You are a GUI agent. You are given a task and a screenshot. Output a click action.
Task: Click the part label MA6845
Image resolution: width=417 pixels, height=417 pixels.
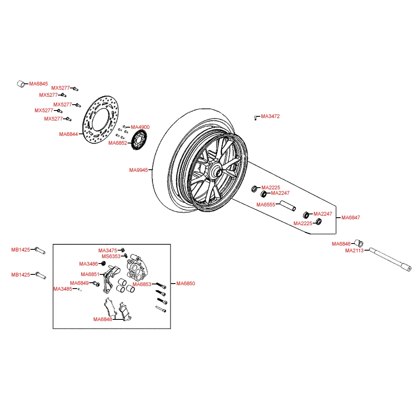[x=38, y=84]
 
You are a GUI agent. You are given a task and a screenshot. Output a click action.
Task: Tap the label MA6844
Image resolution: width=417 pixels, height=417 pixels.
[x=68, y=134]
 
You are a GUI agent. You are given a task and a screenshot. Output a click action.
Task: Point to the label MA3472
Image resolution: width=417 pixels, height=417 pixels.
[x=270, y=116]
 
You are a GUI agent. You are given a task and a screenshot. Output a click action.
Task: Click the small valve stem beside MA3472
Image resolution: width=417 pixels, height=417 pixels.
[x=255, y=118]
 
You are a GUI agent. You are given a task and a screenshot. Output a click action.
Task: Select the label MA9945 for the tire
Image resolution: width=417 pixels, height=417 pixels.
[x=138, y=170]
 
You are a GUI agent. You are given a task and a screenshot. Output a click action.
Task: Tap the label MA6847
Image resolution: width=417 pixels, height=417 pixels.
[x=351, y=217]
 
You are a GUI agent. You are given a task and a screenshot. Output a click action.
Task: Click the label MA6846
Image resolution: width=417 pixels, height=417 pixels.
[x=341, y=244]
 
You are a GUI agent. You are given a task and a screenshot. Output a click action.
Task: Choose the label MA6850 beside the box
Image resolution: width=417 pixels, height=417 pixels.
[x=186, y=284]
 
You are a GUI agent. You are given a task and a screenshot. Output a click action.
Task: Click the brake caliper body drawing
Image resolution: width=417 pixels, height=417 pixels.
[x=136, y=269]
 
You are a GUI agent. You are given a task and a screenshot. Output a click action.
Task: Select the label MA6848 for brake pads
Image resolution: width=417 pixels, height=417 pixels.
[x=103, y=319]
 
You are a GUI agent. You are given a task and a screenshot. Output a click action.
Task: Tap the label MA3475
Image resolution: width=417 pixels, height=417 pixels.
[x=108, y=250]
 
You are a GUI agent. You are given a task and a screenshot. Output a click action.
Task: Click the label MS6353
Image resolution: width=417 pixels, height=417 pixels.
[x=111, y=256]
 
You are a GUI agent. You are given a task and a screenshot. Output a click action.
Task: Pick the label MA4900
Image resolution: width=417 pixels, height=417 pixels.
[x=140, y=127]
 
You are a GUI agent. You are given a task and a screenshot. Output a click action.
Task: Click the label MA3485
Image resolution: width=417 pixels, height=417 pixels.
[x=63, y=289]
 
